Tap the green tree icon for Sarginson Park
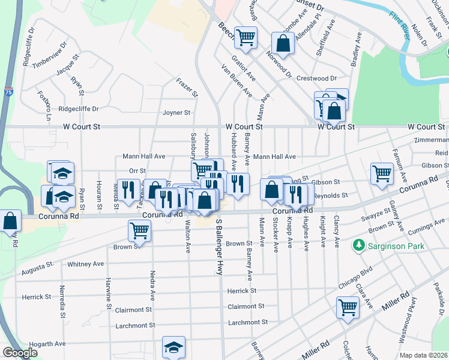359,245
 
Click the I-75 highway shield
7,91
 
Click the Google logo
20,353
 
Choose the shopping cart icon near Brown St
139,229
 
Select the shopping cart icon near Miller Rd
348,307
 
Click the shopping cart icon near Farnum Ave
382,173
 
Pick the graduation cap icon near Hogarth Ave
173,347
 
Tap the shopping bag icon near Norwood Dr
282,43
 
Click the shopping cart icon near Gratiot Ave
246,37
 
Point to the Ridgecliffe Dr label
78,109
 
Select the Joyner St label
176,113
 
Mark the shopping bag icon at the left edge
10,221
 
